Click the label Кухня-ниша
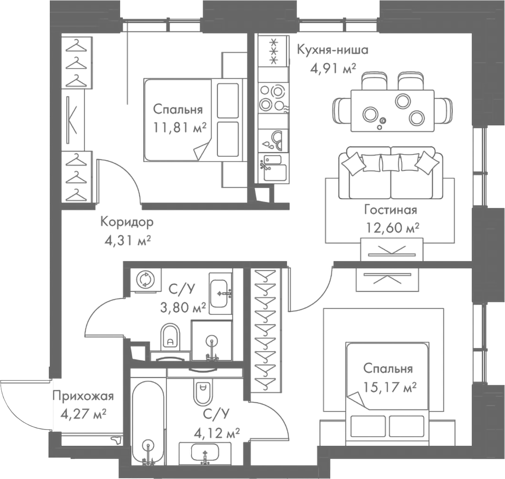tap(332, 50)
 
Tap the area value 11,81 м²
tap(179, 128)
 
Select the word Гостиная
tap(391, 210)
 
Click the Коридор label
tap(127, 222)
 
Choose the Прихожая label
tap(83, 396)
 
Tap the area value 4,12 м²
tap(217, 433)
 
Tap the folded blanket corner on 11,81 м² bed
tap(201, 152)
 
